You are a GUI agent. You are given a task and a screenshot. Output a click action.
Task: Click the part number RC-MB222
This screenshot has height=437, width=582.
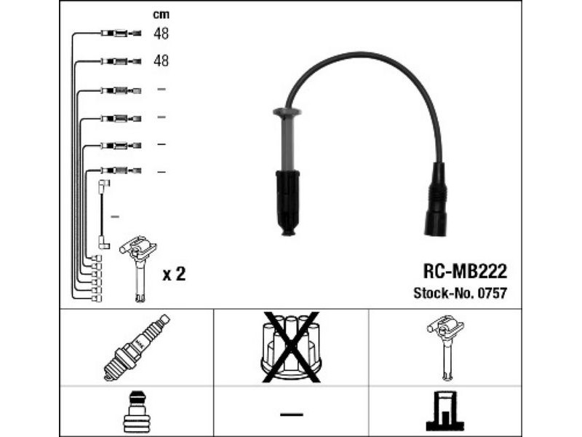click(x=465, y=272)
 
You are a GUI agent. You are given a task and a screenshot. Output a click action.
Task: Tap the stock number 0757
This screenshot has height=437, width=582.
click(x=492, y=294)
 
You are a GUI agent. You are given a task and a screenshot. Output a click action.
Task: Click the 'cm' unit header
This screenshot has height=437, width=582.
click(x=161, y=15)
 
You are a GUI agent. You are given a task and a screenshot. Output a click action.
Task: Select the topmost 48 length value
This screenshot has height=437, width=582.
click(x=161, y=34)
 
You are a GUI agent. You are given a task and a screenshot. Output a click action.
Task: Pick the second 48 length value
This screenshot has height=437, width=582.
click(x=161, y=60)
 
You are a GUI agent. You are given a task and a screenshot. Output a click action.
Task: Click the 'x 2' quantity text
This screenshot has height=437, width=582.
click(x=174, y=275)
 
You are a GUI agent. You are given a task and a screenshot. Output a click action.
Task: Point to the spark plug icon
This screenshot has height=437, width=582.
click(x=137, y=347)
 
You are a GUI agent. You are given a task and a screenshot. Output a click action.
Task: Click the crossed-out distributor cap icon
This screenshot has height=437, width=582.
click(x=292, y=347)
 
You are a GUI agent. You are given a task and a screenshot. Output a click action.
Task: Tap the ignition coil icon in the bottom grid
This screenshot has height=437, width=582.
click(x=445, y=347)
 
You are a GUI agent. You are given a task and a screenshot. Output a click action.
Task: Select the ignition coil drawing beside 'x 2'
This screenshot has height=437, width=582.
click(x=138, y=268)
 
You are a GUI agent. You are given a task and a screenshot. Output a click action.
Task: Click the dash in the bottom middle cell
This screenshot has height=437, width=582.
click(x=292, y=414)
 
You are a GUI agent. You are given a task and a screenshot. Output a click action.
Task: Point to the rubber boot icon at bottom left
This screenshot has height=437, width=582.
click(x=137, y=412)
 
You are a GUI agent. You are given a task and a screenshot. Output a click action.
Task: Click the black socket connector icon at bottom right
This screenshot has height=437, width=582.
click(x=445, y=411)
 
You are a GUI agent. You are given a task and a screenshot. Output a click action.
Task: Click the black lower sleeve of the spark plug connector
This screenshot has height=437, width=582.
click(x=287, y=202)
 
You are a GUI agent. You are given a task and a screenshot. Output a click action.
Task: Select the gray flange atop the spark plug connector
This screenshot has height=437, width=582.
click(x=287, y=111)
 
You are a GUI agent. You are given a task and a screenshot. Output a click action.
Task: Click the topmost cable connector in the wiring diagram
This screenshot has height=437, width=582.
click(x=121, y=34)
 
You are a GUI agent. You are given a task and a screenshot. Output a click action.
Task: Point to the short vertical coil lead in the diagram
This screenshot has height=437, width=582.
click(x=101, y=214)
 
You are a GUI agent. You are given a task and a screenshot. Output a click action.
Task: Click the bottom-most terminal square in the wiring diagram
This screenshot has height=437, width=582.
click(x=97, y=299)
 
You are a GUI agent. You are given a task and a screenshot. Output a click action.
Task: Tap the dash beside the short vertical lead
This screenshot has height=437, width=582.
click(x=116, y=216)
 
